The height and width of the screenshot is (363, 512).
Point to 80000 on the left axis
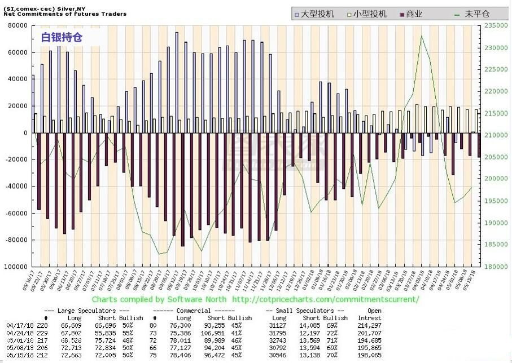pos(16,26)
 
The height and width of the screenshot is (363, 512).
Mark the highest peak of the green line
pos(421,37)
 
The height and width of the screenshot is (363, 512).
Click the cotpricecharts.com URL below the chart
pos(325,299)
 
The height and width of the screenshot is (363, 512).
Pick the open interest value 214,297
pos(369,326)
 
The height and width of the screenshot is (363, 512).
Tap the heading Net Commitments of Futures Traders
pos(65,14)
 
